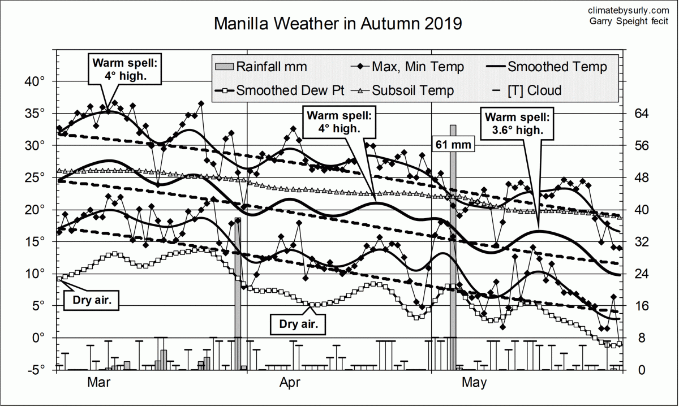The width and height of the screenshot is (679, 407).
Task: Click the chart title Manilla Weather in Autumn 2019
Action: coord(338,24)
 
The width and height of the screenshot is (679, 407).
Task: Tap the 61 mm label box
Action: coord(453,145)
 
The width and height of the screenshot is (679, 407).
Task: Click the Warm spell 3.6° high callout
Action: coord(518,124)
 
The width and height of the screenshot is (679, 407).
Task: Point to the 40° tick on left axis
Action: coord(35,81)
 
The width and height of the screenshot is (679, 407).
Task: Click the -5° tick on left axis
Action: coord(35,370)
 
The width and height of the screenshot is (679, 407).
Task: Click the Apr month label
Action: coord(289,383)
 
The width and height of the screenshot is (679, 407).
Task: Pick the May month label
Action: coord(474,383)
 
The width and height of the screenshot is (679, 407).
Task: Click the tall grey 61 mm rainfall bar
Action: coord(453,254)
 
